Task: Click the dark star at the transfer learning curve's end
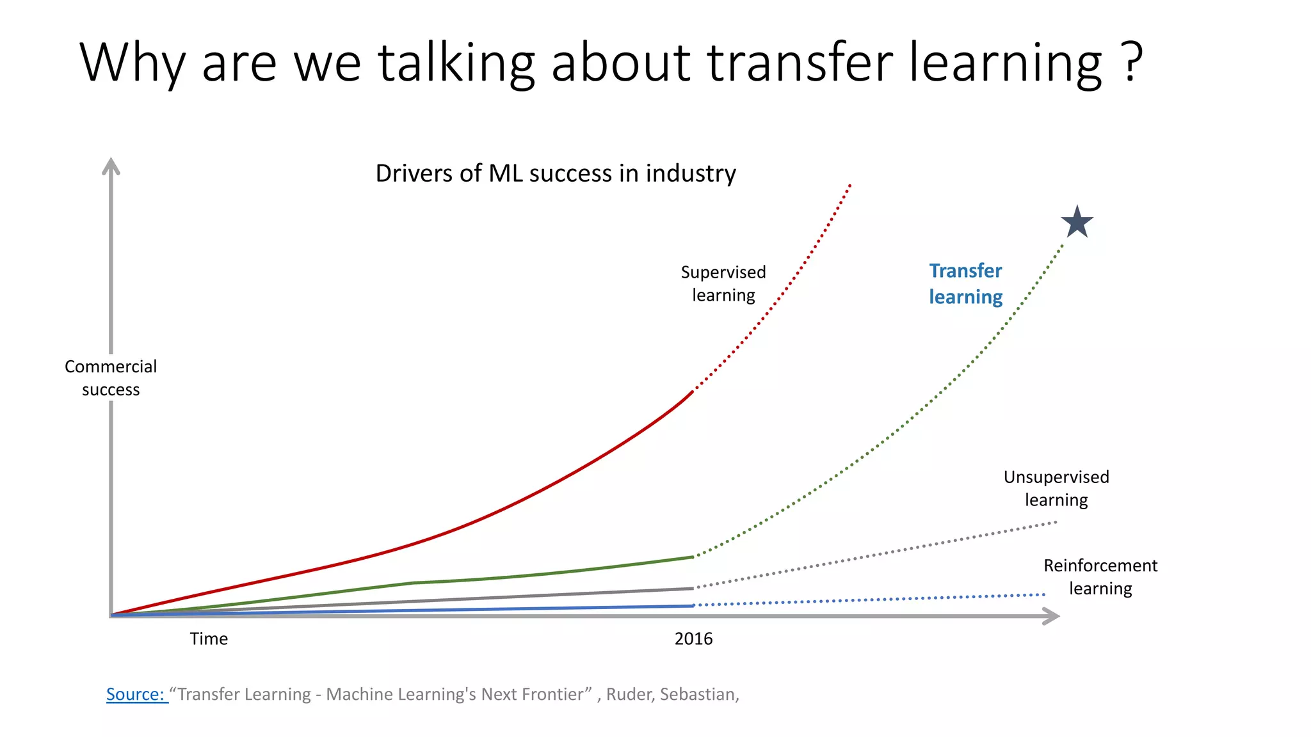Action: [x=1077, y=222]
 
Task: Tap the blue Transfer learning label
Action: [x=965, y=284]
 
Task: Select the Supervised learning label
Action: [x=723, y=283]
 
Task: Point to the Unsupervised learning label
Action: [x=1056, y=488]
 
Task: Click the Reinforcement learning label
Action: [x=1100, y=576]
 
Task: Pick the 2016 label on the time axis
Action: [x=693, y=638]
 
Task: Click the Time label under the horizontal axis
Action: [x=209, y=638]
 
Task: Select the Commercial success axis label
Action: [x=111, y=378]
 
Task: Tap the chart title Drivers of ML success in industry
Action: [x=556, y=173]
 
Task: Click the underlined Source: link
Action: [x=136, y=694]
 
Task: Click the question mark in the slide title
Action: [x=1132, y=62]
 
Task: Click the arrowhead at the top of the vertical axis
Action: [x=111, y=166]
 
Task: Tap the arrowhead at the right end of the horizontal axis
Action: [x=1051, y=616]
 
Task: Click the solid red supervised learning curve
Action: [x=512, y=505]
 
